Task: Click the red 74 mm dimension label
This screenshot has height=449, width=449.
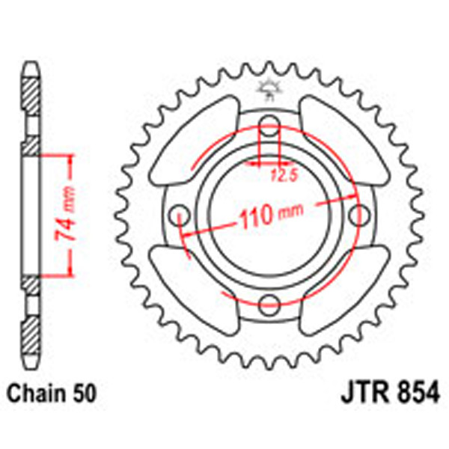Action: pos(66,217)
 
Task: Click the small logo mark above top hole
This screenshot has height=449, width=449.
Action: pos(268,89)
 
